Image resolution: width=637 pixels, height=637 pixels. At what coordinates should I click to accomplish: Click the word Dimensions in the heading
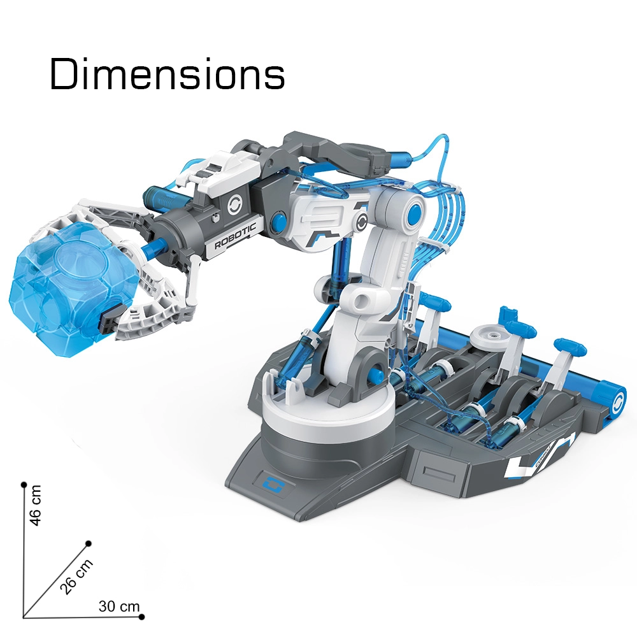167,75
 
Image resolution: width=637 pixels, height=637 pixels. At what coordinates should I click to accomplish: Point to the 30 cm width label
118,606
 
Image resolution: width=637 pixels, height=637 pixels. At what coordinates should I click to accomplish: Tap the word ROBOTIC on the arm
235,236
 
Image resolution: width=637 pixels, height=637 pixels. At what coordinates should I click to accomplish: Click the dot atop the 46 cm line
24,485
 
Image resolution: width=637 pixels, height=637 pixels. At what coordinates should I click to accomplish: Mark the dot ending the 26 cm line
89,543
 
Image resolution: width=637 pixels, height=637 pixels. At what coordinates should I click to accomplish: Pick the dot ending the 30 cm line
142,617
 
